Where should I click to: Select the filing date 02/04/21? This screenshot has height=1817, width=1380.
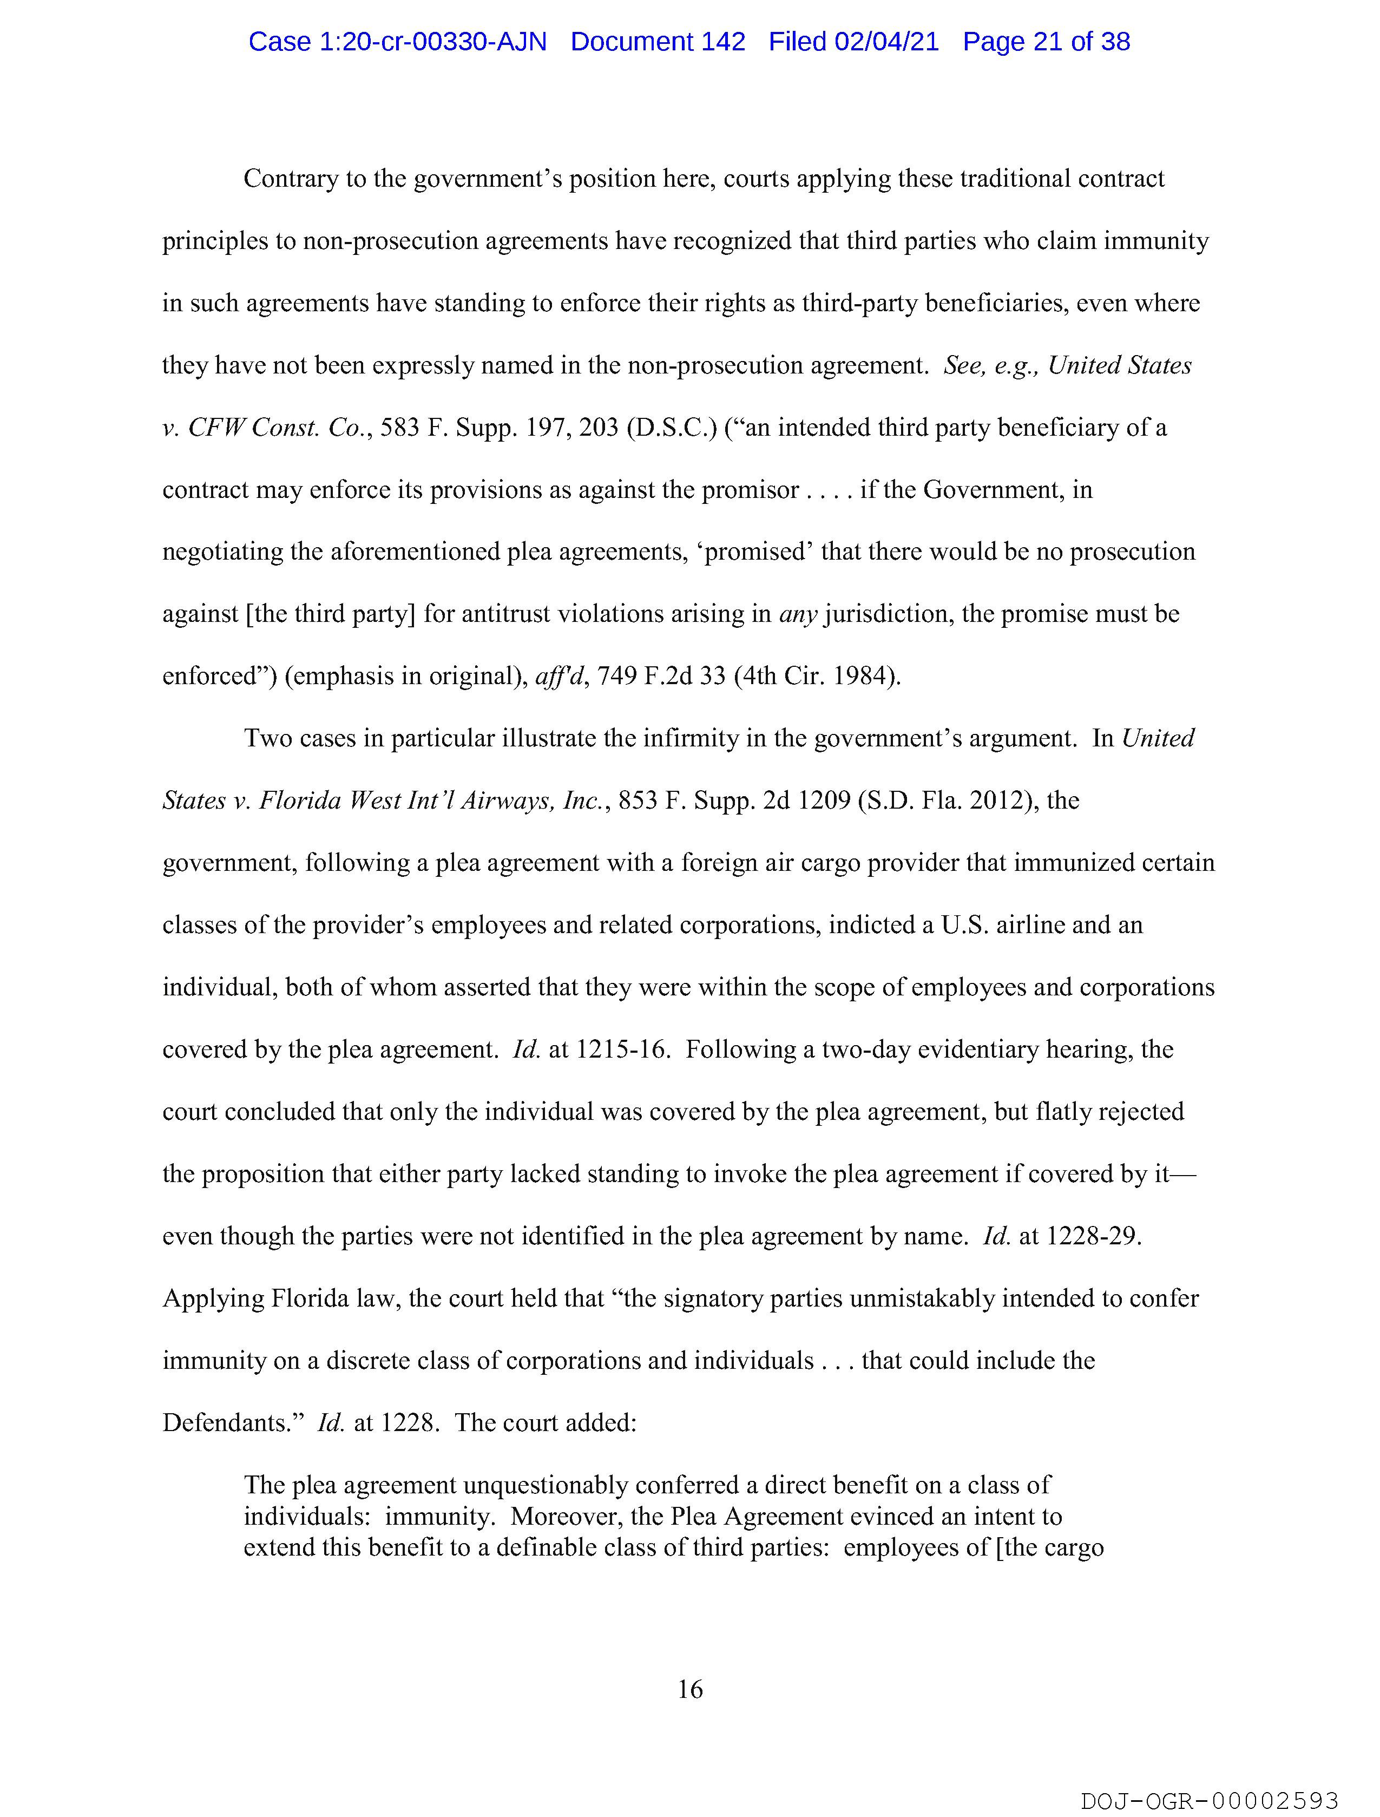tap(886, 42)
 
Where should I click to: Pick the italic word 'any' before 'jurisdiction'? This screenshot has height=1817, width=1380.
tap(797, 614)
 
